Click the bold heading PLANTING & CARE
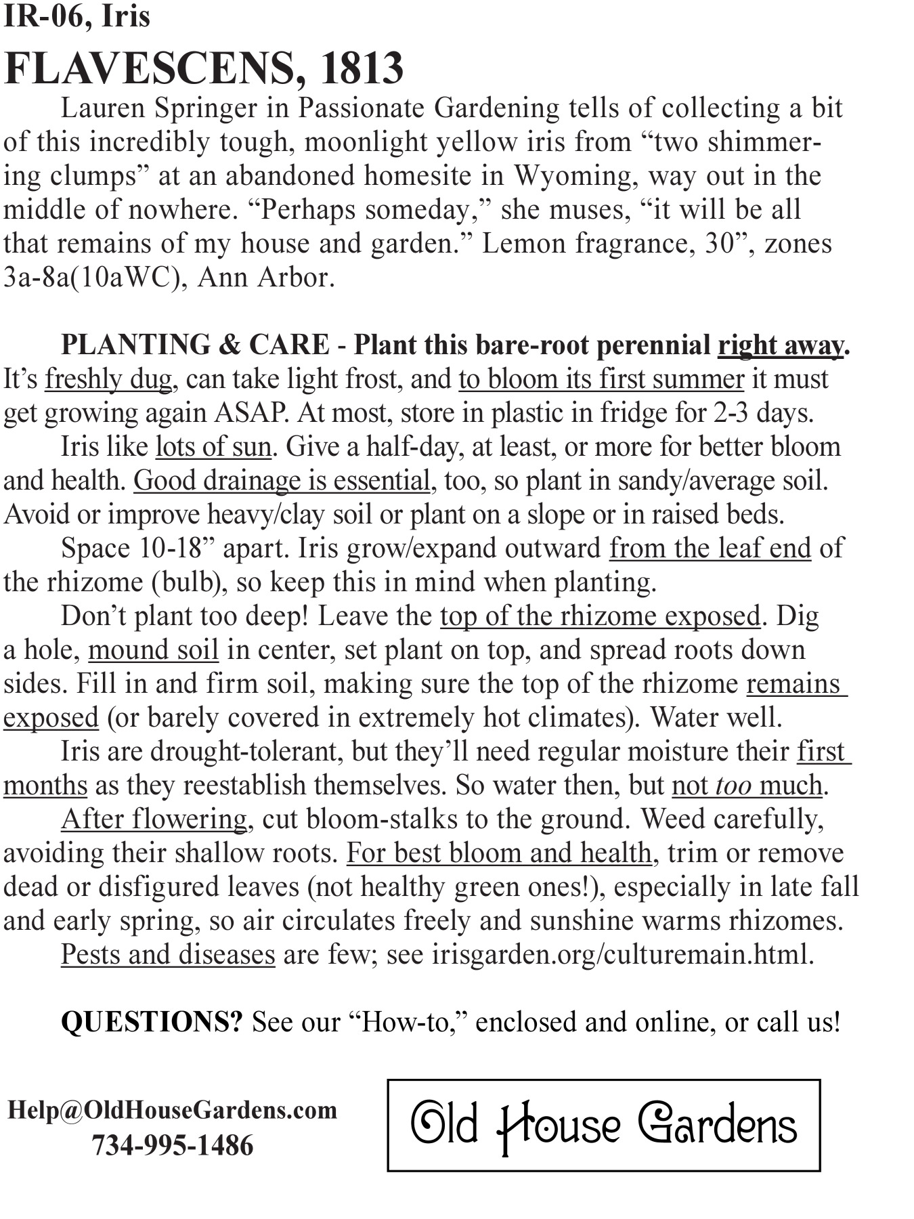(x=195, y=345)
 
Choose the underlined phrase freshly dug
(x=108, y=379)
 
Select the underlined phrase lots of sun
(x=213, y=447)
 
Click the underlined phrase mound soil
(x=153, y=650)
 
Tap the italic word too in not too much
(x=733, y=786)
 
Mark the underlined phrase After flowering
(x=154, y=819)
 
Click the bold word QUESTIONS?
(x=151, y=1021)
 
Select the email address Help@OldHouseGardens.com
(x=172, y=1110)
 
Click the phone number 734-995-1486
(x=172, y=1145)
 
